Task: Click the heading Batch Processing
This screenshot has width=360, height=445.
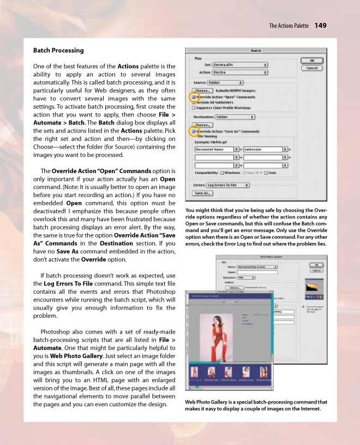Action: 58,51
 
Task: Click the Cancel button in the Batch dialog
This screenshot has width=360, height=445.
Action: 312,68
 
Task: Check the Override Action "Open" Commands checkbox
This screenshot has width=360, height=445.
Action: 194,97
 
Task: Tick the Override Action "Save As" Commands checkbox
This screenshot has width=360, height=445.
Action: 194,132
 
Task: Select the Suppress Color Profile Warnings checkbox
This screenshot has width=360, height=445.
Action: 194,108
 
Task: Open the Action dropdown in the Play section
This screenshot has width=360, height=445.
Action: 240,72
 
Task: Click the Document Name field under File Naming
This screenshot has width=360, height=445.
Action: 214,149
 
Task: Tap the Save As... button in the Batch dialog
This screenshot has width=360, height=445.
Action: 202,193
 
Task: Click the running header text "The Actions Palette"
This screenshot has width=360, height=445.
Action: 289,26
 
